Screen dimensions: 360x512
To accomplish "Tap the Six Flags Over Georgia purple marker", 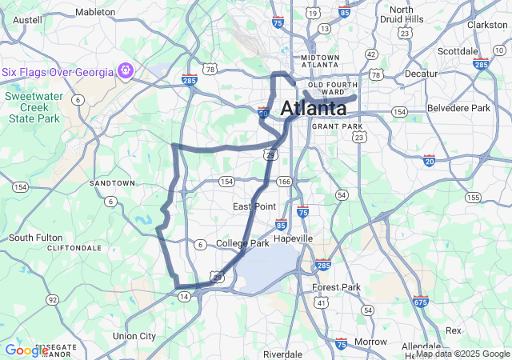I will [x=125, y=71].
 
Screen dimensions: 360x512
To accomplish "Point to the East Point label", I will [x=254, y=206].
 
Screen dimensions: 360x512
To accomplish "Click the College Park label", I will [x=242, y=243].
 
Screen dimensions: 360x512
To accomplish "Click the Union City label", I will [x=134, y=336].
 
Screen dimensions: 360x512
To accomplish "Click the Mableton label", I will [x=95, y=12].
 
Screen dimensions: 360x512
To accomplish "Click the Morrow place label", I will [x=370, y=342].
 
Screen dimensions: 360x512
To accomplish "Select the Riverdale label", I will [x=282, y=354].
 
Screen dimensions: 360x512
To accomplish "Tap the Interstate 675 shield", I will [x=422, y=301].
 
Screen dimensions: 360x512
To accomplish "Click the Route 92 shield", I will [x=53, y=300].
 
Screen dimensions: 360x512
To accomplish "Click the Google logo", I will [x=26, y=350].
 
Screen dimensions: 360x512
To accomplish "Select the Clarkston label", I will [x=487, y=25].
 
